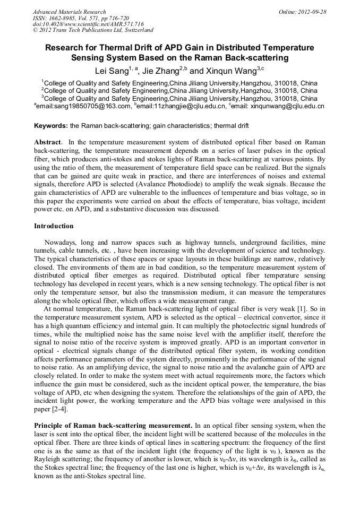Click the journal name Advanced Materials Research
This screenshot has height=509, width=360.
(x=69, y=12)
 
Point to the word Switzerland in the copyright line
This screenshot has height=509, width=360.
(x=137, y=31)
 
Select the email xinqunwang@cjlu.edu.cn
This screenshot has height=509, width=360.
(x=285, y=106)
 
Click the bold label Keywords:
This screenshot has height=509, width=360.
(x=51, y=126)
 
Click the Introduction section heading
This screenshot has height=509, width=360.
(x=54, y=226)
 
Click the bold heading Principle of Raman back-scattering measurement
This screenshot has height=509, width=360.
(x=113, y=426)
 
